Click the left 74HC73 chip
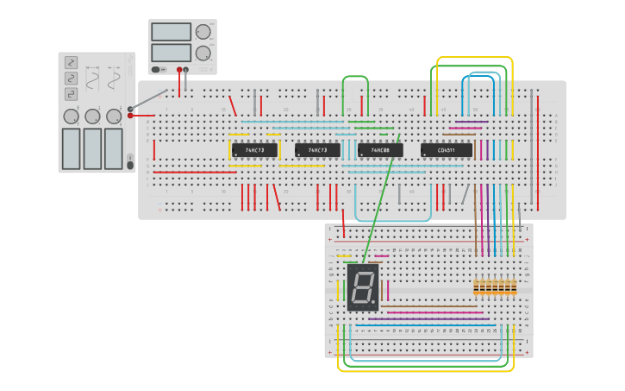[x=254, y=150]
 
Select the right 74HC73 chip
[x=317, y=150]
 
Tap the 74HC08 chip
[x=380, y=150]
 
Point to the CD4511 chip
[x=447, y=150]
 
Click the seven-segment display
[x=363, y=287]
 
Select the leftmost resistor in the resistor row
[x=477, y=287]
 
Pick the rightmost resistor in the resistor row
[x=514, y=287]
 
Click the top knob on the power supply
[x=203, y=32]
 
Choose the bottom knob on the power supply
[x=203, y=53]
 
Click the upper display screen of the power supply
[x=171, y=32]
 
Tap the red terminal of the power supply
[x=179, y=70]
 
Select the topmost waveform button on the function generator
[x=71, y=62]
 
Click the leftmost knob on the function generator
[x=71, y=116]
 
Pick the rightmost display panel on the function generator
[x=114, y=148]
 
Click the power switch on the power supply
[x=158, y=69]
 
